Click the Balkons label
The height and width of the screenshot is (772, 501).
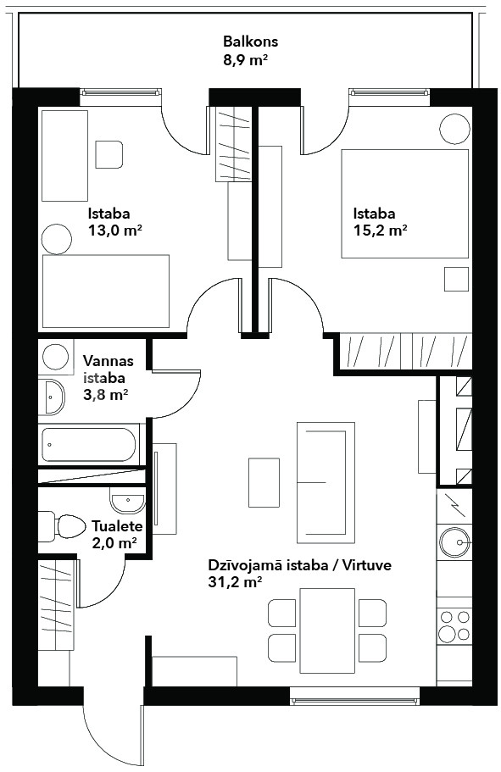tap(250, 42)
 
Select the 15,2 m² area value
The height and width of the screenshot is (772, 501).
tap(381, 230)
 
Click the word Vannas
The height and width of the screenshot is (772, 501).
tap(108, 361)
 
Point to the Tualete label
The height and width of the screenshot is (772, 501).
tap(117, 526)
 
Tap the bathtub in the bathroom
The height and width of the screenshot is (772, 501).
tap(89, 445)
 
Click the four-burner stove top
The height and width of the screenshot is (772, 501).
tap(454, 625)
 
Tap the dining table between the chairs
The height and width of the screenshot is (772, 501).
tap(327, 630)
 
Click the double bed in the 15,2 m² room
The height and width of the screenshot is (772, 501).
tap(405, 204)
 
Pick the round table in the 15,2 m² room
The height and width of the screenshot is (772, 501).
tap(454, 129)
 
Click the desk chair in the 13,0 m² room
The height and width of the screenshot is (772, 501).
tap(109, 154)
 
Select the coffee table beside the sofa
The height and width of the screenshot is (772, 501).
tap(264, 482)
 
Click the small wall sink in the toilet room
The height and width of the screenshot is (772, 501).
tap(128, 503)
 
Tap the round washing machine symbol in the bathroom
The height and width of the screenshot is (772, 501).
tap(56, 357)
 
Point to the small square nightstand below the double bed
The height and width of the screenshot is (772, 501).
tap(456, 279)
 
